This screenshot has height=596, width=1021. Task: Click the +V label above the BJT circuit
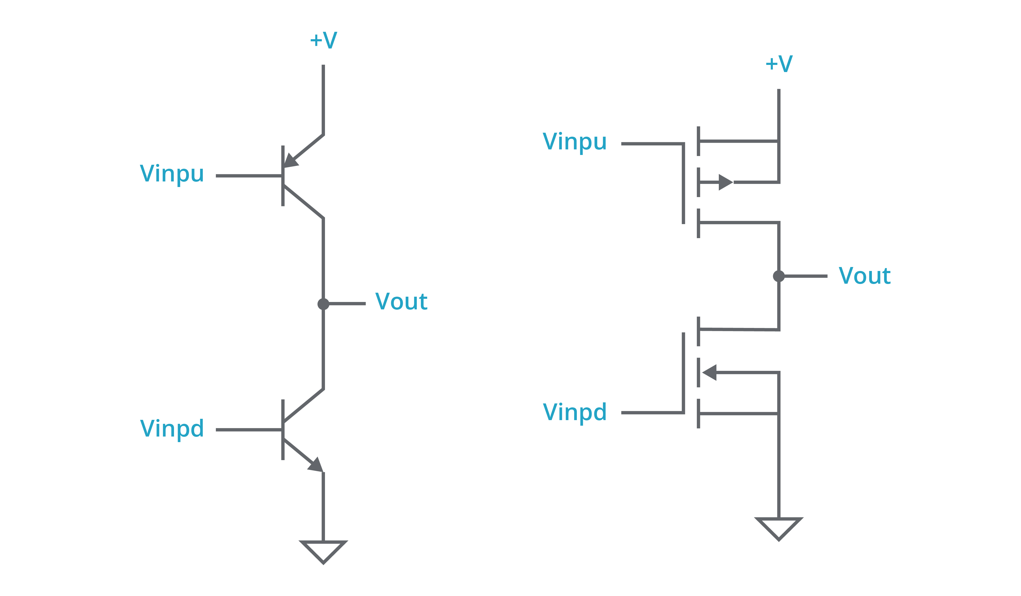(323, 40)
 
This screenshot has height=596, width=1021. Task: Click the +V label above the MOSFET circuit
(779, 64)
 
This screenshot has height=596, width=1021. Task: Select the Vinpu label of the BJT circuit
(172, 174)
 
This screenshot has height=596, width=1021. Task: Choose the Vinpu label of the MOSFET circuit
(574, 141)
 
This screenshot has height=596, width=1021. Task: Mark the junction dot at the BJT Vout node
(323, 304)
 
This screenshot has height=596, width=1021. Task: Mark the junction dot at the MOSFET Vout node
(779, 276)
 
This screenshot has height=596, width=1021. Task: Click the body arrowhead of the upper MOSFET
(725, 182)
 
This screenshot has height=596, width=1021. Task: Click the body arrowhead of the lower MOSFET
(710, 372)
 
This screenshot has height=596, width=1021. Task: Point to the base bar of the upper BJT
(283, 176)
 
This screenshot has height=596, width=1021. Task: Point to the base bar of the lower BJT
(283, 429)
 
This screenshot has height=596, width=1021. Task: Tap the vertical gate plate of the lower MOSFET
(684, 373)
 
